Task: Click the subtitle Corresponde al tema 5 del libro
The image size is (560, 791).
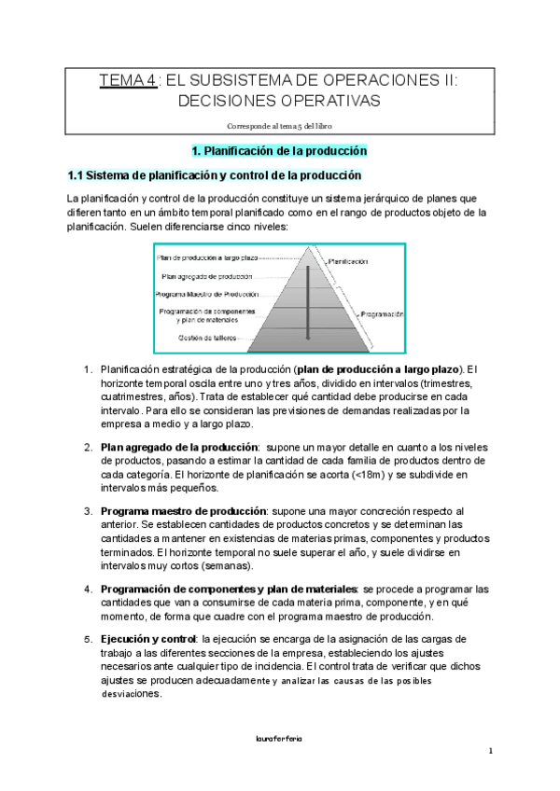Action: coord(279,125)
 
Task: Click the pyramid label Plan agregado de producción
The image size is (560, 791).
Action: coord(206,276)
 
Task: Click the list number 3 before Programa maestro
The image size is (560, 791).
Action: coord(88,512)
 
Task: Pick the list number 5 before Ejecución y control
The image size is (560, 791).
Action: coord(88,639)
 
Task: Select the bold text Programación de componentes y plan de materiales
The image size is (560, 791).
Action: coord(229,590)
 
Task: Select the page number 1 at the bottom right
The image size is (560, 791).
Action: coord(490,751)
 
